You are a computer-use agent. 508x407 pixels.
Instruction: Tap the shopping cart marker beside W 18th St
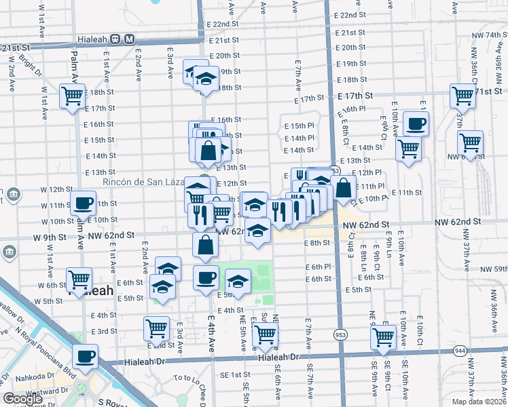pyautogui.click(x=71, y=96)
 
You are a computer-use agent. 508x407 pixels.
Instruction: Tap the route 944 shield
pyautogui.click(x=460, y=351)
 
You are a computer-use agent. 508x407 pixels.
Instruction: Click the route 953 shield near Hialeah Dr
pyautogui.click(x=340, y=334)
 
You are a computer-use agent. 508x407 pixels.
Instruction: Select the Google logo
pyautogui.click(x=22, y=399)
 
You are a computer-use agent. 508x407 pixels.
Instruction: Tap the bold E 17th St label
pyautogui.click(x=355, y=96)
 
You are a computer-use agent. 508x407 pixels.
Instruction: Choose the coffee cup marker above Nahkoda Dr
pyautogui.click(x=86, y=356)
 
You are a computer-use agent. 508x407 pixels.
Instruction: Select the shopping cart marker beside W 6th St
pyautogui.click(x=79, y=279)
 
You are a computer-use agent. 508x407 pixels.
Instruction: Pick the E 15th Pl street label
pyautogui.click(x=299, y=126)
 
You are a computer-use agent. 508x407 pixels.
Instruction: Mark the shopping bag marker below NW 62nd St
pyautogui.click(x=205, y=246)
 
